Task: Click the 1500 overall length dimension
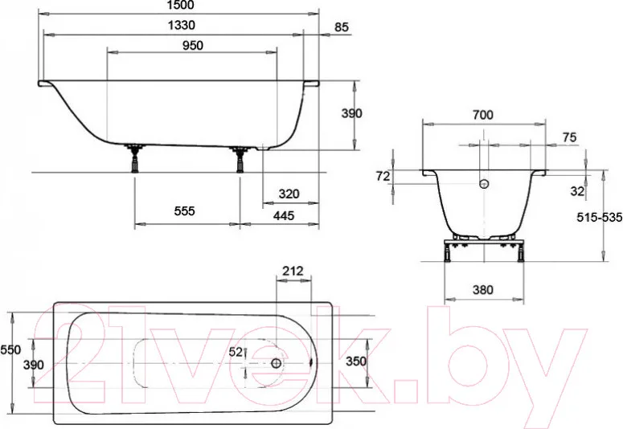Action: (x=180, y=5)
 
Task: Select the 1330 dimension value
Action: (x=181, y=26)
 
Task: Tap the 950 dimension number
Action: (x=193, y=46)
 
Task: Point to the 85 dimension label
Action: (x=342, y=27)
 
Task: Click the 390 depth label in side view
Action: (x=352, y=113)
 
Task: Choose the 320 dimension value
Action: (x=289, y=194)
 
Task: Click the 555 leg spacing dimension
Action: (x=185, y=211)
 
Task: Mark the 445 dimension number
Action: (x=284, y=215)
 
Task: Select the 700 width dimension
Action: (x=483, y=115)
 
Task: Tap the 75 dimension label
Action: (x=569, y=137)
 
